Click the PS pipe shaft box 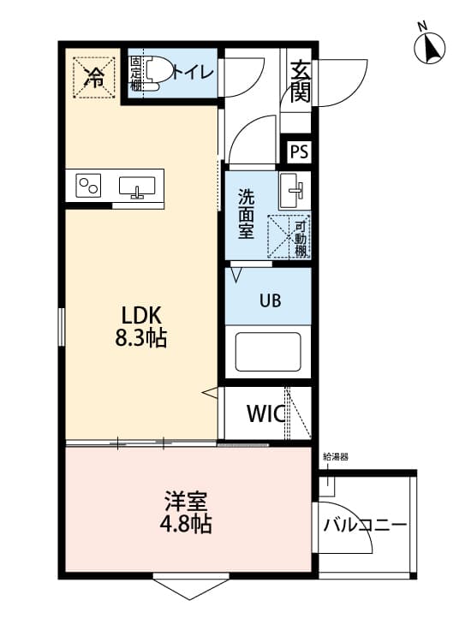[x=299, y=152]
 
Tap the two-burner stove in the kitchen [x=88, y=186]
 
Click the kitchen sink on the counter [x=137, y=187]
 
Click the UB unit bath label [x=268, y=301]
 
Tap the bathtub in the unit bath [x=268, y=349]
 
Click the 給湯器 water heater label [x=336, y=457]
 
